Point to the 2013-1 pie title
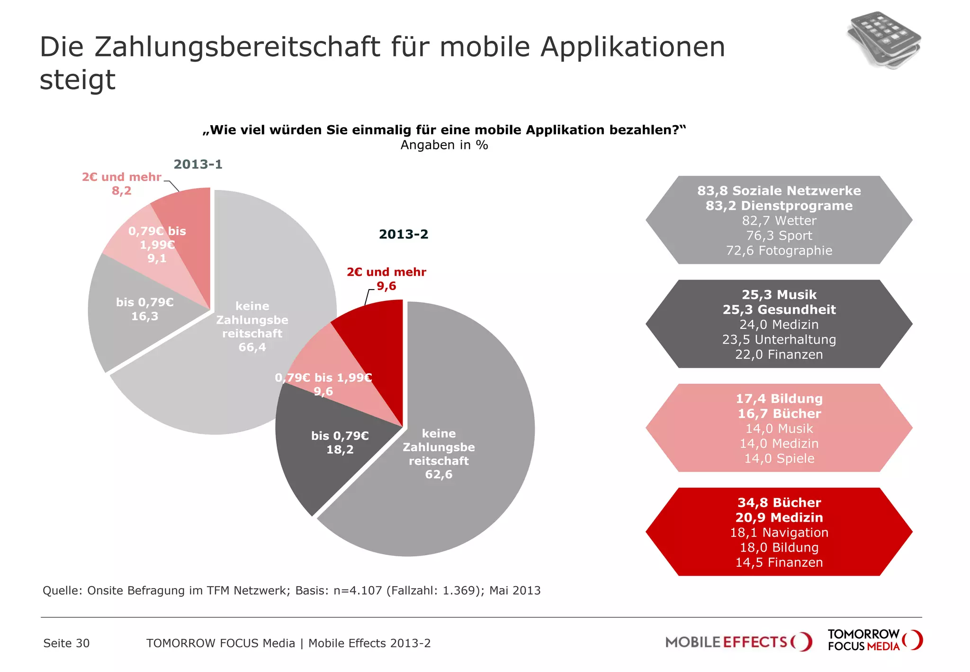(198, 164)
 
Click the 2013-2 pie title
(404, 234)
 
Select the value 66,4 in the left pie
(252, 347)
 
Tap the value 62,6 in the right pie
(439, 474)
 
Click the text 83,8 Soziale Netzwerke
(779, 191)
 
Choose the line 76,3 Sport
(779, 236)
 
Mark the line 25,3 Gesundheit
(779, 310)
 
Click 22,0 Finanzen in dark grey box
(779, 354)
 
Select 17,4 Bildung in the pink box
(779, 399)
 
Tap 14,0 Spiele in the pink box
(779, 459)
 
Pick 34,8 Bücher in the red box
(779, 503)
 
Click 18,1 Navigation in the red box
(779, 533)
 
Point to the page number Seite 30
(66, 643)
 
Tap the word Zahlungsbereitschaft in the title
(237, 47)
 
